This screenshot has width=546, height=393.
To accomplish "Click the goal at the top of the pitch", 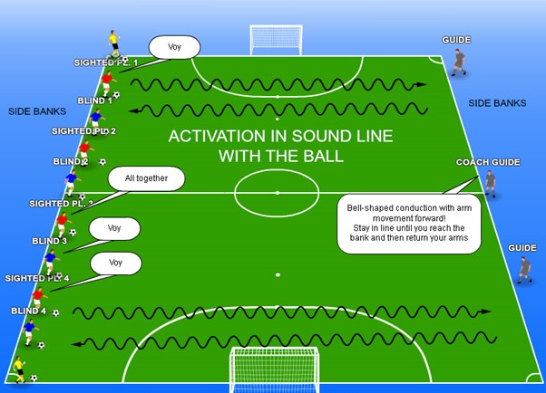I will click(x=277, y=40).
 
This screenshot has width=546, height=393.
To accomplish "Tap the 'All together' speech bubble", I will click(x=146, y=178).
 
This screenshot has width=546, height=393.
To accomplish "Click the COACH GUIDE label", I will click(x=488, y=162).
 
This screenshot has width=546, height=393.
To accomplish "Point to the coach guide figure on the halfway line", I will click(x=491, y=184).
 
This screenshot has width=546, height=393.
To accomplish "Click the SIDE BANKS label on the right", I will click(x=497, y=103).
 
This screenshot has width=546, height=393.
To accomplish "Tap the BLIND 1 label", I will click(x=95, y=101).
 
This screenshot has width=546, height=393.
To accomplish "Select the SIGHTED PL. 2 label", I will click(x=83, y=131).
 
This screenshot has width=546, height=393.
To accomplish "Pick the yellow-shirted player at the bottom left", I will click(x=19, y=367).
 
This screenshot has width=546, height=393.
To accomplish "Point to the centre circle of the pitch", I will click(x=277, y=192).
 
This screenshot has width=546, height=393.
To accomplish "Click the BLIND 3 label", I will click(x=50, y=241).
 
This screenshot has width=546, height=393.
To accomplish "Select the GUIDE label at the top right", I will click(x=457, y=40).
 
